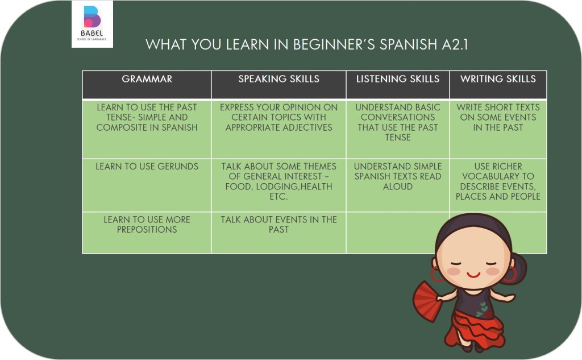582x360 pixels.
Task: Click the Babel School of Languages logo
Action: pyautogui.click(x=92, y=24)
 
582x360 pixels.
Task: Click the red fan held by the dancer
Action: pyautogui.click(x=427, y=301)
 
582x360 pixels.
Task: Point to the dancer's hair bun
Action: pyautogui.click(x=518, y=267)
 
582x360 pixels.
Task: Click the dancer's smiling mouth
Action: pyautogui.click(x=473, y=275)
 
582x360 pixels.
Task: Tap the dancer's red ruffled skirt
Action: pyautogui.click(x=477, y=329)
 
